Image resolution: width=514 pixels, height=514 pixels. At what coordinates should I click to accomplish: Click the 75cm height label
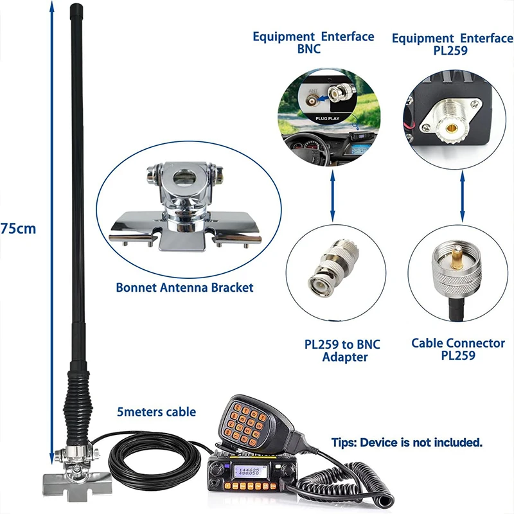coord(19,228)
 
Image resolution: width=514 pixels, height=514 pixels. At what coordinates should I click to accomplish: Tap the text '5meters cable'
coord(156,412)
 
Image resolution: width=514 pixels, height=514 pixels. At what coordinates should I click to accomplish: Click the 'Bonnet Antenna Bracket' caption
coord(184,287)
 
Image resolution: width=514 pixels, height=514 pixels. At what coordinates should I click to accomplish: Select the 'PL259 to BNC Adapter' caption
coord(342,351)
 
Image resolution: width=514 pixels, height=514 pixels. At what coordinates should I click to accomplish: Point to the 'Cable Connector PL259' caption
coord(458,349)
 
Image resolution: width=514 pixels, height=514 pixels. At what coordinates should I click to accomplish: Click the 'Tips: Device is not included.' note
coord(407,442)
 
